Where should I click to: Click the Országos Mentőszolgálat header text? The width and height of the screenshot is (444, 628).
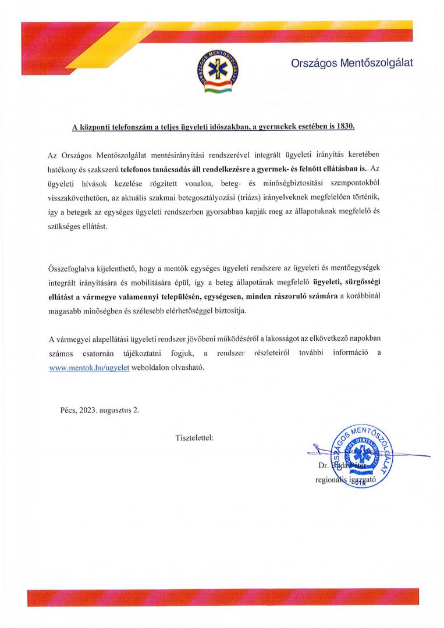(351, 63)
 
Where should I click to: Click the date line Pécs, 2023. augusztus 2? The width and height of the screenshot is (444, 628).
(100, 409)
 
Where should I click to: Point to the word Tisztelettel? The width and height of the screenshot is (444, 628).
(194, 437)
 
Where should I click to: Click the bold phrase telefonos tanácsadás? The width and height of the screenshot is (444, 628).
(156, 169)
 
